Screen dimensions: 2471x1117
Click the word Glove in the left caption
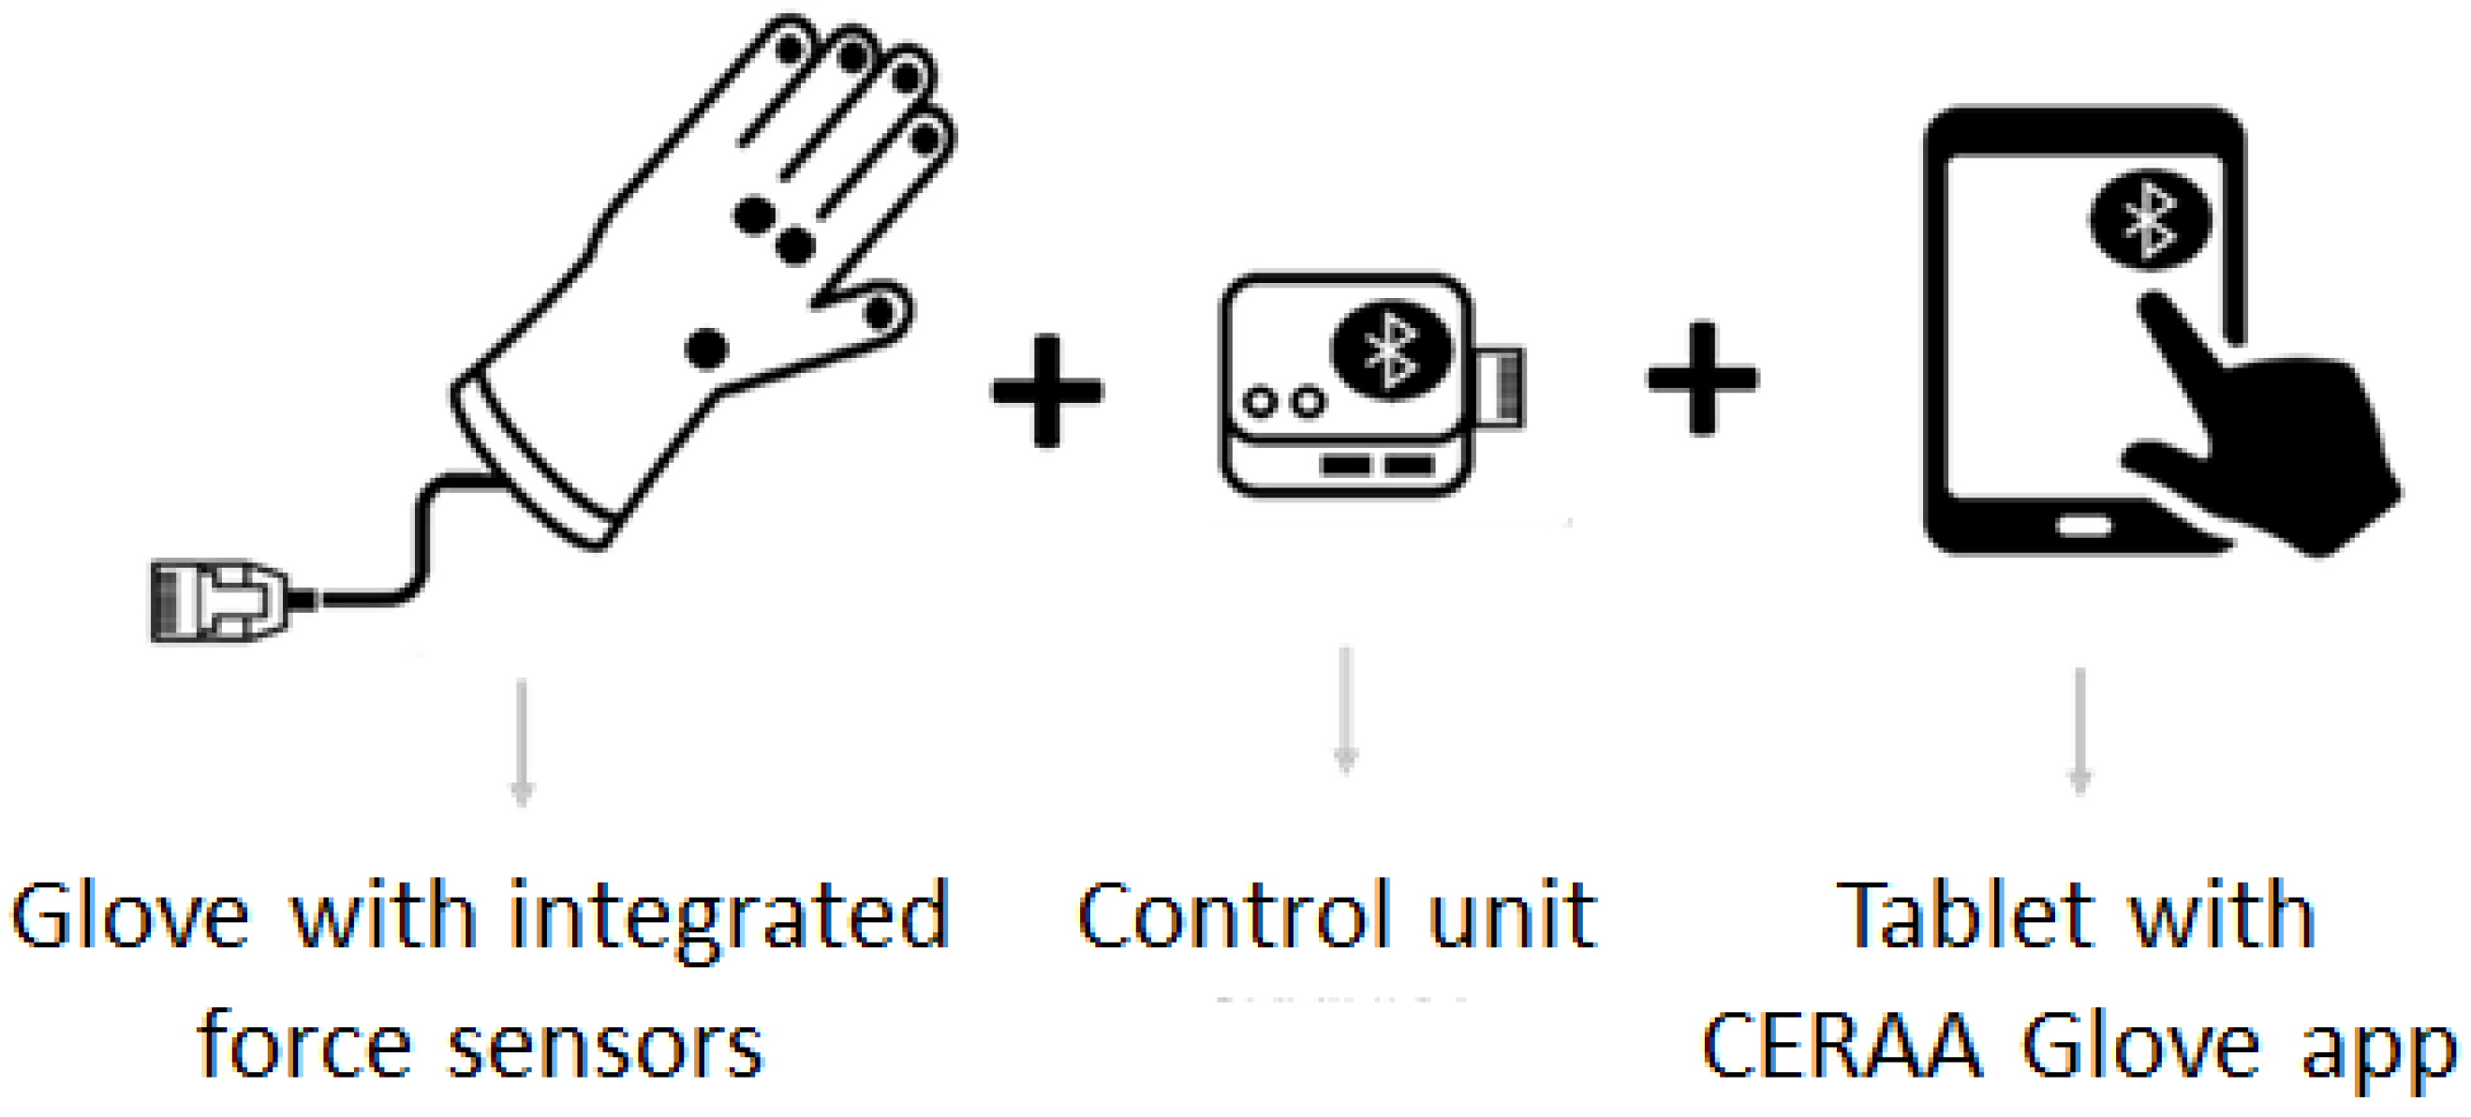coord(129,916)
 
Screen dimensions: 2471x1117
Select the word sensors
coord(605,1047)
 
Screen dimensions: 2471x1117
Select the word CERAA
coord(1842,1045)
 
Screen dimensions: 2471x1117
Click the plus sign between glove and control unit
coord(1046,391)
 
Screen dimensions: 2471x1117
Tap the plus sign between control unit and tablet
coord(1703,378)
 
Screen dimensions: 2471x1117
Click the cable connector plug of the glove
coord(221,600)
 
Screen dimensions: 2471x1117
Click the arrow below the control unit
coord(1346,710)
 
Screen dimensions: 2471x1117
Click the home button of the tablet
coord(2082,526)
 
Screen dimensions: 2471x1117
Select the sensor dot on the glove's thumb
coord(880,312)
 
